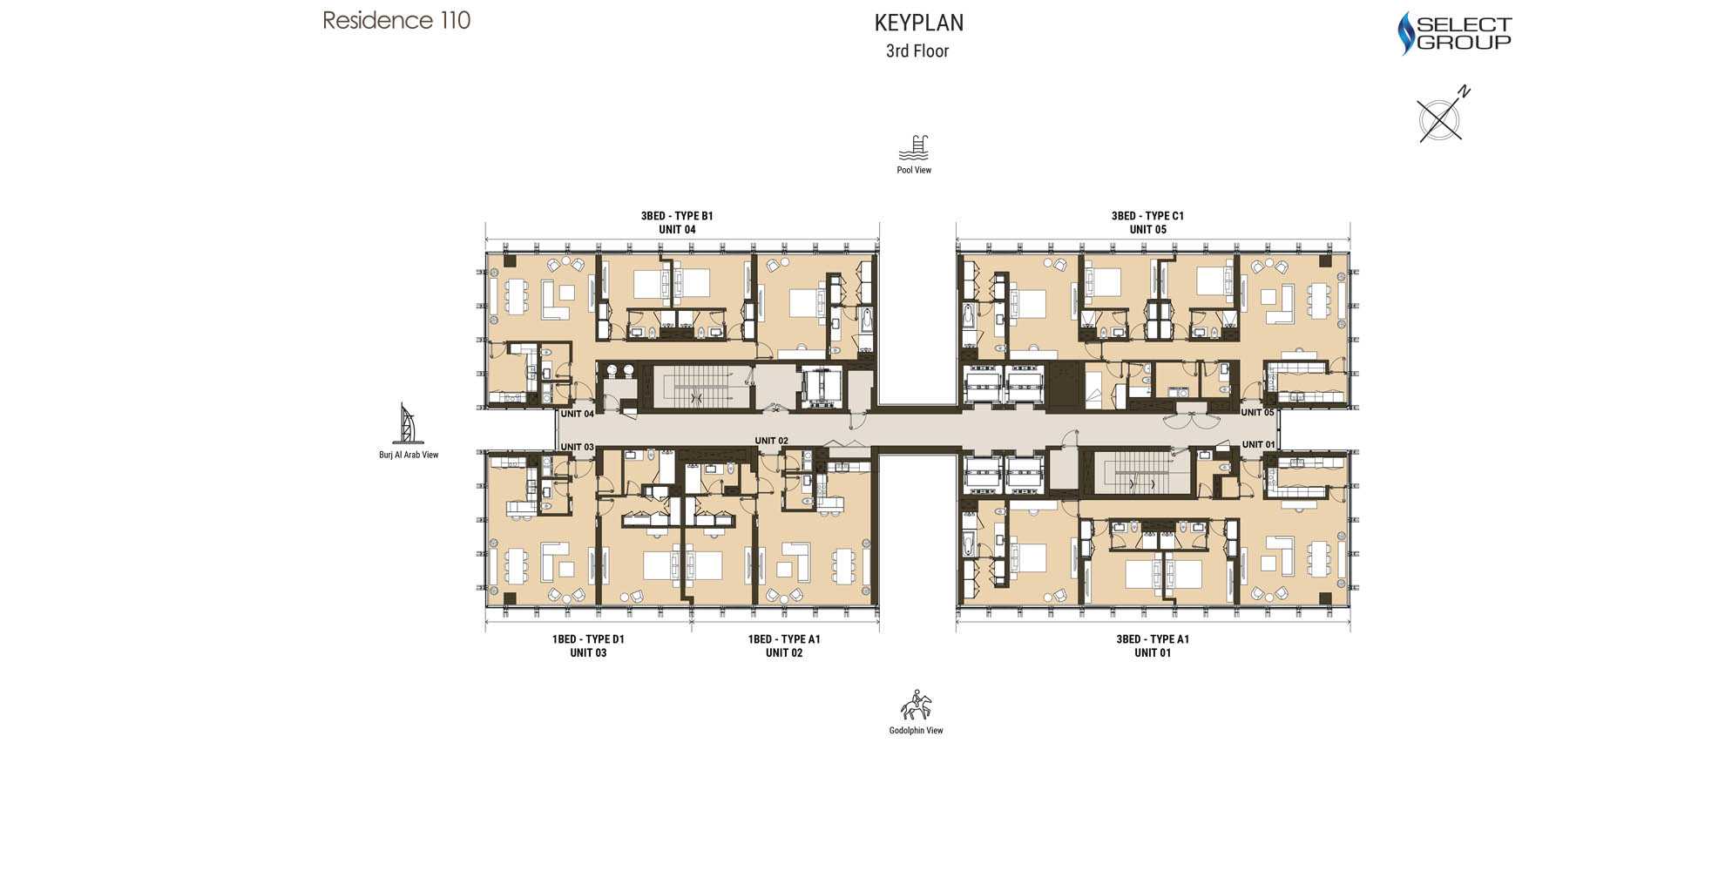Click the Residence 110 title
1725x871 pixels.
point(396,20)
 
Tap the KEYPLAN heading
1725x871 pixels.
point(919,23)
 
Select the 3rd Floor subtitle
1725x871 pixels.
point(917,51)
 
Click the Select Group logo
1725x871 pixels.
point(1454,33)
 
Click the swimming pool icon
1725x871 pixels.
point(914,148)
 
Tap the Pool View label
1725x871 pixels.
point(914,170)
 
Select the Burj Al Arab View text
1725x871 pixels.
point(409,455)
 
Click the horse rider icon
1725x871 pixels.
point(916,705)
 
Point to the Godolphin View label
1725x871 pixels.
point(916,731)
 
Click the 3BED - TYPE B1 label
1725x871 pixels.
point(677,216)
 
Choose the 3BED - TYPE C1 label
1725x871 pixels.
point(1147,216)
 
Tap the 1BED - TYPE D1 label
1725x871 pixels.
point(588,639)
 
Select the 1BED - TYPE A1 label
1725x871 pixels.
point(784,639)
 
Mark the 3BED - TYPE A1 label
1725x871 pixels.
point(1153,639)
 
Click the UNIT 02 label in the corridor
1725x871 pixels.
point(771,441)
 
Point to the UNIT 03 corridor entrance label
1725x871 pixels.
point(577,447)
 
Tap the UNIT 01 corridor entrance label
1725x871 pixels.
point(1258,444)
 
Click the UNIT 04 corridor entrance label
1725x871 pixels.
point(577,414)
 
